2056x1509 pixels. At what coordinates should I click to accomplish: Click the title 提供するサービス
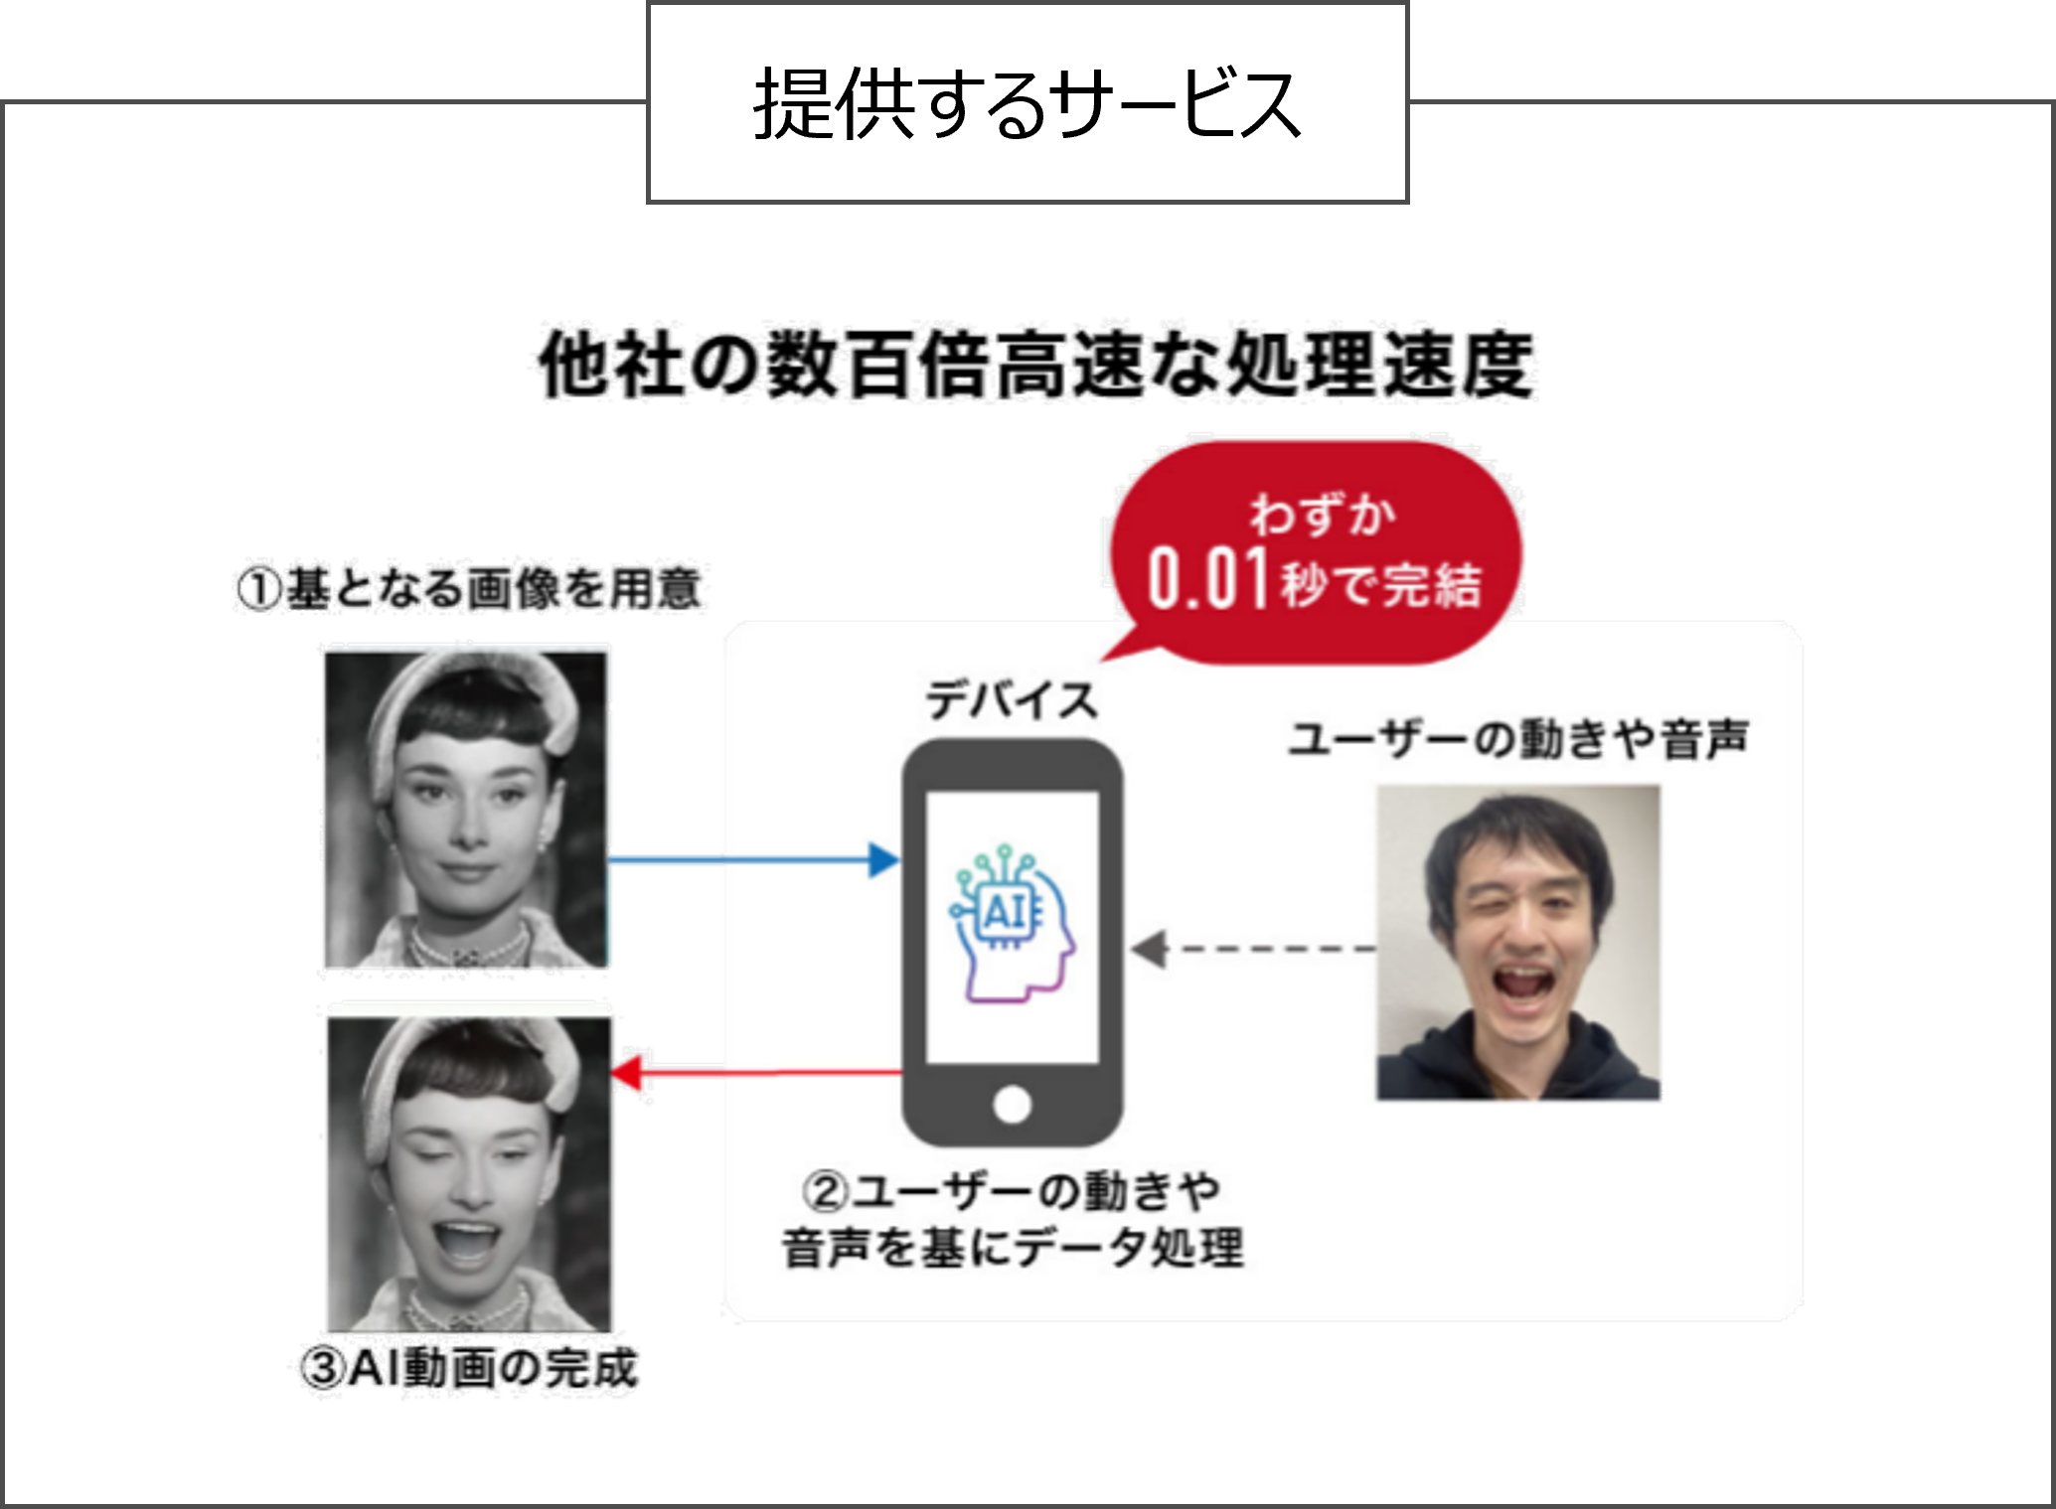[1027, 104]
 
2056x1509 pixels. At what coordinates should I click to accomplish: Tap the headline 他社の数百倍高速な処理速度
[1036, 365]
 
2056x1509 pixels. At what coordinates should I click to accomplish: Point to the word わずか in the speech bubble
[1323, 514]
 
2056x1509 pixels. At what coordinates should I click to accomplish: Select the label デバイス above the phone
[1011, 701]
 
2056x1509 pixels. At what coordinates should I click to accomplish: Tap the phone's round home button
[1012, 1104]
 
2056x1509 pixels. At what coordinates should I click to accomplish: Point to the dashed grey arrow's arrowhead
[1149, 949]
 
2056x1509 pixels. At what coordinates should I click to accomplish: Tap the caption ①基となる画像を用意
[471, 588]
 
